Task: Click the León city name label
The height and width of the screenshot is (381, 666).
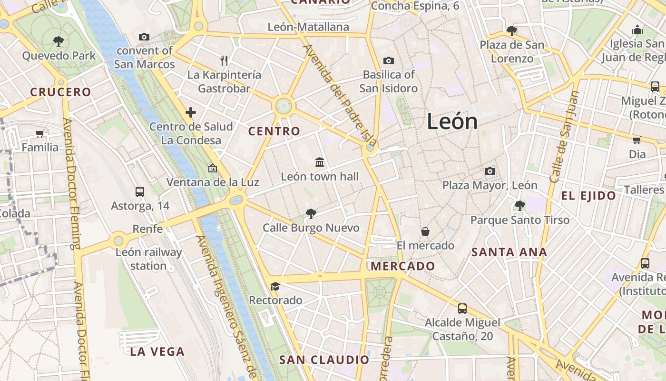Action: pyautogui.click(x=452, y=121)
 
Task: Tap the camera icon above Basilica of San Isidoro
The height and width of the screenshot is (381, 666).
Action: pyautogui.click(x=389, y=60)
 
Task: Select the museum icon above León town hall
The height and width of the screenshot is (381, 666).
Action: pyautogui.click(x=320, y=162)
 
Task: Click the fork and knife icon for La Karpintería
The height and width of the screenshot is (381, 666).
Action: pyautogui.click(x=224, y=60)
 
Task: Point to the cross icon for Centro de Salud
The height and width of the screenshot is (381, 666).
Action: pyautogui.click(x=191, y=112)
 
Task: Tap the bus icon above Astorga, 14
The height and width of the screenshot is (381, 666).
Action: pyautogui.click(x=140, y=192)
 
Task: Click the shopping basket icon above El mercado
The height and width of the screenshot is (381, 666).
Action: pyautogui.click(x=425, y=231)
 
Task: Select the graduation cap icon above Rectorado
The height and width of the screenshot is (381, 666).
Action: pyautogui.click(x=275, y=286)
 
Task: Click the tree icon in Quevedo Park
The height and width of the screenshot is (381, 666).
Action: pyautogui.click(x=59, y=41)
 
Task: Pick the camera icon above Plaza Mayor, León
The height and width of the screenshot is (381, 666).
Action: pyautogui.click(x=490, y=171)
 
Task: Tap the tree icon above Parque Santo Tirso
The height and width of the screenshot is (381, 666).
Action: pyautogui.click(x=519, y=206)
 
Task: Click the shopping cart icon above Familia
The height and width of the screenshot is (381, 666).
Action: pyautogui.click(x=40, y=134)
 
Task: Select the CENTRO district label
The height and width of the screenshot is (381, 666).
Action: pyautogui.click(x=274, y=131)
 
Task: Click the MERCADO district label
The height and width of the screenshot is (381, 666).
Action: pyautogui.click(x=403, y=266)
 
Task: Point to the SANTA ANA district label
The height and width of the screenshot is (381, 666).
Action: pyautogui.click(x=509, y=252)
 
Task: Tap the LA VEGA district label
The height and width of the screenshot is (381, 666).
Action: pyautogui.click(x=157, y=351)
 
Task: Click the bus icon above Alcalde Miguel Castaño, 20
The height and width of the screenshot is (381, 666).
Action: pyautogui.click(x=462, y=308)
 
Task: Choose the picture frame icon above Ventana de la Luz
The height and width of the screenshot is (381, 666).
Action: pyautogui.click(x=212, y=168)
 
